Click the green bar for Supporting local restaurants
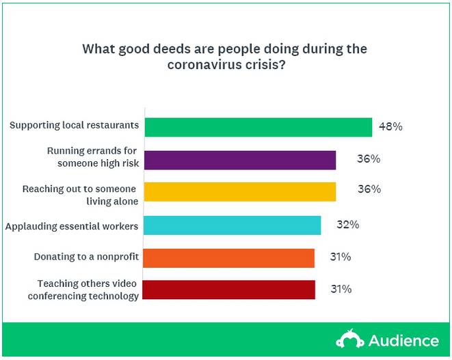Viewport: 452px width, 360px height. [x=258, y=127]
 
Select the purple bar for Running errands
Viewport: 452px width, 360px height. [x=241, y=159]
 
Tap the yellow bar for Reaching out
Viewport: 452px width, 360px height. [x=241, y=191]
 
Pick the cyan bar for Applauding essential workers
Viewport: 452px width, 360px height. [x=233, y=225]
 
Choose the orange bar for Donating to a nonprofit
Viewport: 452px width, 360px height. [x=230, y=258]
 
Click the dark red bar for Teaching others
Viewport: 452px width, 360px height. [x=230, y=290]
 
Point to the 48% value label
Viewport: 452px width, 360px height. [x=391, y=127]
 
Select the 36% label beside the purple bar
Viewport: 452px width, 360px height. [x=369, y=159]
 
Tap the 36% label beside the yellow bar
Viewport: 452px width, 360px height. [x=369, y=189]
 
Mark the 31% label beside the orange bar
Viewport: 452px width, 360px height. [x=339, y=257]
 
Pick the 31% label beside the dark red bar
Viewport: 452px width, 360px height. [x=339, y=289]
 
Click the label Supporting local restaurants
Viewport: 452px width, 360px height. [x=75, y=126]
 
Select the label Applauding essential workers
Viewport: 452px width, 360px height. [x=71, y=225]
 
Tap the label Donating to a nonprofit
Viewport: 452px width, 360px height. [x=86, y=257]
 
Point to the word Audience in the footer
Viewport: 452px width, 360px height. [x=404, y=340]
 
